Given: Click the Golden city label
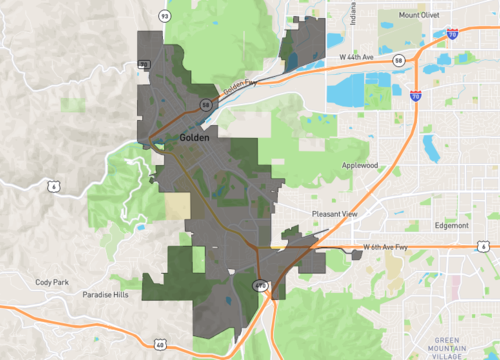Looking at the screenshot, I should point(194,137).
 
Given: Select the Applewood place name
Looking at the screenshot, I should point(360,165).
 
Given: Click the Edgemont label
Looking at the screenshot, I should point(452,225).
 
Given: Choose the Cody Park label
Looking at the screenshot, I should point(51,283).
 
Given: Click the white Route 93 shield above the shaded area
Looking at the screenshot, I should point(162,15).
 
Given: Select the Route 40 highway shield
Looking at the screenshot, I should point(160,344).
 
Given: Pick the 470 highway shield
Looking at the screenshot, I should point(260,286).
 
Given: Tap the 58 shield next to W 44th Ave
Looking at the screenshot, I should point(398,61).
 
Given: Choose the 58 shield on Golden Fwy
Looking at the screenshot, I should point(205,103).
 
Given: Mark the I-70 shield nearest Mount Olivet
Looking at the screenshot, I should point(452,33).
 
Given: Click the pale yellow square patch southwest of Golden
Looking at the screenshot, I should point(177,205).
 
